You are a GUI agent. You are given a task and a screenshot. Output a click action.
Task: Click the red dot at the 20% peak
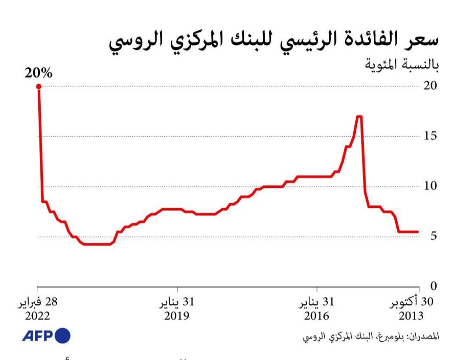coord(39,87)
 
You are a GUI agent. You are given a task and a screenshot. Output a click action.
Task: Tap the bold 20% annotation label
coord(38,73)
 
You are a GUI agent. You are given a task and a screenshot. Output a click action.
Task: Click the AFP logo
coord(46,336)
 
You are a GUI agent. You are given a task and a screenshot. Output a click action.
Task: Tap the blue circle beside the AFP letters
coord(62,336)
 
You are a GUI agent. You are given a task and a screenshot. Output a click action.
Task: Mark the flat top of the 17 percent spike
coord(359,116)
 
